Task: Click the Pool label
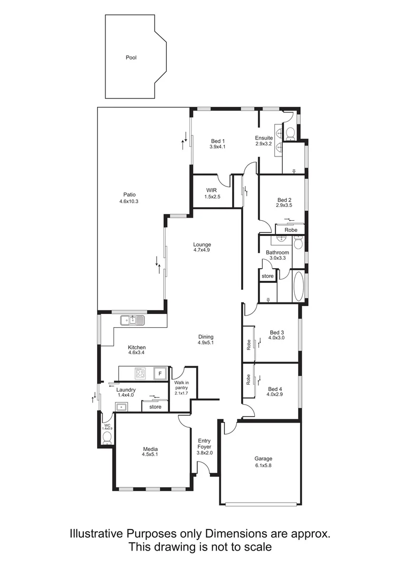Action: (131, 57)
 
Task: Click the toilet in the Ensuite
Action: (289, 133)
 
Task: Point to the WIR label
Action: (212, 190)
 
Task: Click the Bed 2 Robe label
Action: (291, 230)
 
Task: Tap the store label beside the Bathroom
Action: (267, 276)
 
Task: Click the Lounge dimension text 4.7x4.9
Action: (201, 250)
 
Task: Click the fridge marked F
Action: (157, 374)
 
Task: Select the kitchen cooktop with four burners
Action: (140, 374)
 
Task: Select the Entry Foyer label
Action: (204, 444)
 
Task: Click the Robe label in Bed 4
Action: (248, 379)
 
